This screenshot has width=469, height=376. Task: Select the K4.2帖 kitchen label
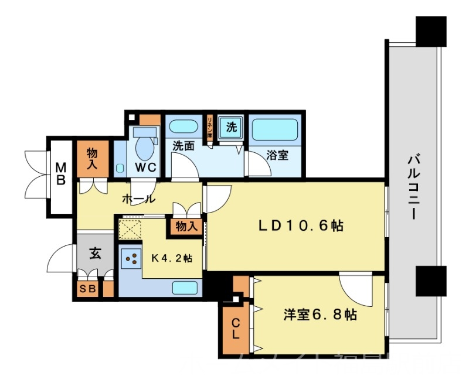click(x=173, y=258)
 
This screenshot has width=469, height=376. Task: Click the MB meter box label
click(x=60, y=175)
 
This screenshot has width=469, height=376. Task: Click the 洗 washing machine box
click(x=231, y=127)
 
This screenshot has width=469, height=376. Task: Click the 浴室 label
click(x=277, y=156)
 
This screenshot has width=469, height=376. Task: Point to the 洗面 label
click(x=183, y=146)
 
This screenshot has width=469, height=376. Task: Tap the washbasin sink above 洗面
click(x=183, y=125)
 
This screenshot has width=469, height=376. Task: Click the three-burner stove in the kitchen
click(x=132, y=258)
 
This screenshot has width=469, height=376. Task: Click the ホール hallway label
click(x=138, y=199)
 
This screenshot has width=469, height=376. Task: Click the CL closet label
click(x=235, y=329)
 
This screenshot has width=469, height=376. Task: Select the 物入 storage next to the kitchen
click(x=186, y=226)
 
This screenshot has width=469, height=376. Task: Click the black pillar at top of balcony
click(x=431, y=30)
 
